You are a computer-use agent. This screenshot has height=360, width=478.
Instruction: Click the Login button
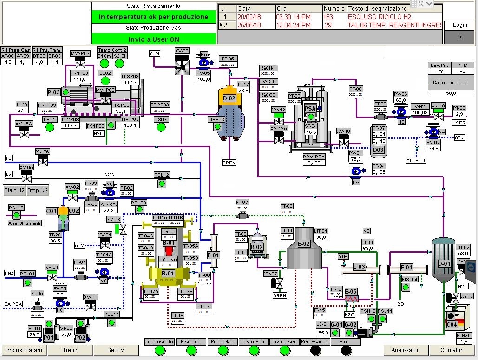tap(460, 25)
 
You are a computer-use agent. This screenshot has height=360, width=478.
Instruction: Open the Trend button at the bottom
tap(70, 350)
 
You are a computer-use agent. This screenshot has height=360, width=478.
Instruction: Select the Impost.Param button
tap(24, 350)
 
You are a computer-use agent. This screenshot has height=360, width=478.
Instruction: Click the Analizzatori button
tap(406, 350)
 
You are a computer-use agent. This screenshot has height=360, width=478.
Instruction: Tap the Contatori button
tap(452, 350)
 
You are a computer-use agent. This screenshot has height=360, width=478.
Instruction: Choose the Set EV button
tap(116, 350)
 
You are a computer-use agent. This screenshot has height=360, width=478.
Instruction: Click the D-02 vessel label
tap(229, 98)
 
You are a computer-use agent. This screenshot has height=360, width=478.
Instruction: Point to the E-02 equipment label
tap(304, 244)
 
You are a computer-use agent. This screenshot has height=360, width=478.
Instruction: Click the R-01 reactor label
tap(168, 274)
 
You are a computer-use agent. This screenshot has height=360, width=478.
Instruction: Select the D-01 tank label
tap(444, 264)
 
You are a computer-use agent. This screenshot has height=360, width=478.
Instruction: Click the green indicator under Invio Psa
tap(254, 350)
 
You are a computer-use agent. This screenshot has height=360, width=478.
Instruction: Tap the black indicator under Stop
tap(344, 350)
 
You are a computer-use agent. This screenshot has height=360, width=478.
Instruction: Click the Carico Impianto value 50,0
tap(451, 93)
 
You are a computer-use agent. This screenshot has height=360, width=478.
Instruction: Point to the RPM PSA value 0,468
tap(314, 163)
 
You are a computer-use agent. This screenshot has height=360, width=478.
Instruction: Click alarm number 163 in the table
tap(328, 17)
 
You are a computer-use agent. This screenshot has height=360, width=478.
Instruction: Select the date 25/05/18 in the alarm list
tap(250, 25)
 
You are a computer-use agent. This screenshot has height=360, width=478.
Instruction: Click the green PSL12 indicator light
tap(162, 183)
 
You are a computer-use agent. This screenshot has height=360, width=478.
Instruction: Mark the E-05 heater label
tap(351, 292)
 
